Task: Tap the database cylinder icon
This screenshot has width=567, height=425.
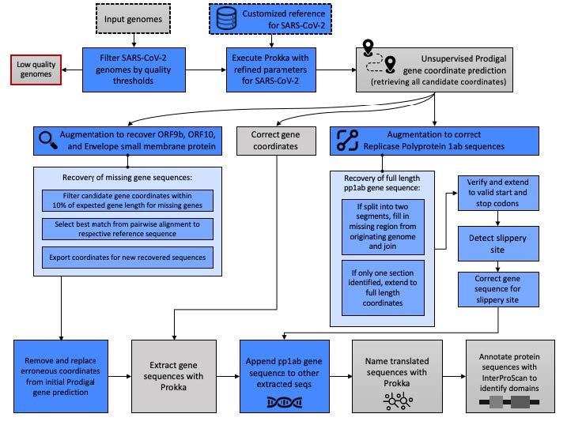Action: point(228,19)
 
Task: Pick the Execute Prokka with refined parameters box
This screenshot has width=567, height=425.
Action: point(268,69)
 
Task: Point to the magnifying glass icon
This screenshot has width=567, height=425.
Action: point(47,140)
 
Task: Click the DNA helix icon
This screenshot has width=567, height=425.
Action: point(283,402)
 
